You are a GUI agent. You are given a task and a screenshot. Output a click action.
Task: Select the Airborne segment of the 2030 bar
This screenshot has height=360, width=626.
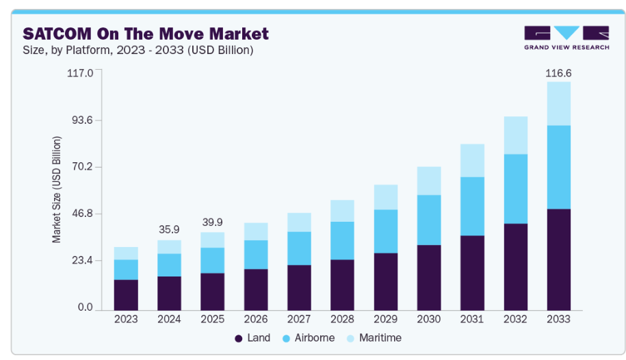(x=429, y=220)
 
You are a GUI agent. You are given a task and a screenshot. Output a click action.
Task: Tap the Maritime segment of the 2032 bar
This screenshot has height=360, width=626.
(x=515, y=136)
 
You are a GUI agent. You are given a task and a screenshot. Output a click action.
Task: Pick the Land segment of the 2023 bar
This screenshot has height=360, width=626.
(x=126, y=294)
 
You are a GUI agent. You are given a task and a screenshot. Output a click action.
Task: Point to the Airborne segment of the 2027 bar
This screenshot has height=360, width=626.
(x=299, y=248)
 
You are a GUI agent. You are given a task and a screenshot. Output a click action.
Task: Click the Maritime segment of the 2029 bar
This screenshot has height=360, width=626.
(x=385, y=197)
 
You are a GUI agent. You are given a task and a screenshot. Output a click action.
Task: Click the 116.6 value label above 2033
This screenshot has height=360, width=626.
(x=558, y=73)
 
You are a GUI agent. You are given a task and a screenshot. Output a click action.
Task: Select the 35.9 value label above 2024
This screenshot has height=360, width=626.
(x=169, y=230)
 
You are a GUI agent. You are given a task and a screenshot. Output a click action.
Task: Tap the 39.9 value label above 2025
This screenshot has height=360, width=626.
(x=212, y=222)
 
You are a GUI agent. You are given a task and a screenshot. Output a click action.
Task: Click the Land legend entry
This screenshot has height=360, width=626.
(x=252, y=338)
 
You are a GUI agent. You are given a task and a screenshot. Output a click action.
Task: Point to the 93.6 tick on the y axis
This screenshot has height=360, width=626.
(x=81, y=120)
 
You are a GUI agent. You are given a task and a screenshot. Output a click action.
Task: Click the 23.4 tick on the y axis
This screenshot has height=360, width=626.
(x=81, y=261)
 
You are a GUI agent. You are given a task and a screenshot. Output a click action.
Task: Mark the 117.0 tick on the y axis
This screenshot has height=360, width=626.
(x=79, y=73)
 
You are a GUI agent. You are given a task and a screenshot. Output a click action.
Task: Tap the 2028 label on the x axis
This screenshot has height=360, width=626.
(x=342, y=319)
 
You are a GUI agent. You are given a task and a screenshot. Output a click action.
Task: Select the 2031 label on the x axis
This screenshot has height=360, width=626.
(x=472, y=319)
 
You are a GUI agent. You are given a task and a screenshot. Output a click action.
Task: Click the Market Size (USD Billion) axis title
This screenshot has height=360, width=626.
(x=57, y=190)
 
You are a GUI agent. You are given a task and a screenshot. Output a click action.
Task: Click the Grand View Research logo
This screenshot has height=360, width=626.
(x=566, y=38)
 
